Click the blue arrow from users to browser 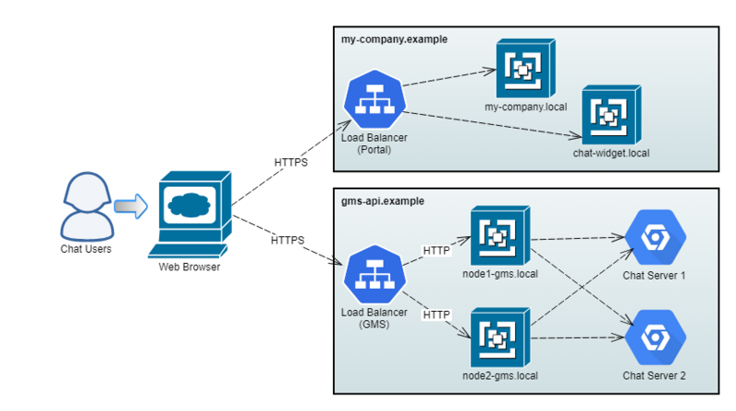click(130, 206)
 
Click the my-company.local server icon click(524, 69)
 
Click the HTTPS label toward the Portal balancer click(291, 163)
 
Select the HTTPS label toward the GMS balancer click(287, 241)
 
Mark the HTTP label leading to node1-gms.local click(436, 250)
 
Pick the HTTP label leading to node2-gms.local click(436, 315)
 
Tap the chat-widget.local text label click(611, 153)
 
